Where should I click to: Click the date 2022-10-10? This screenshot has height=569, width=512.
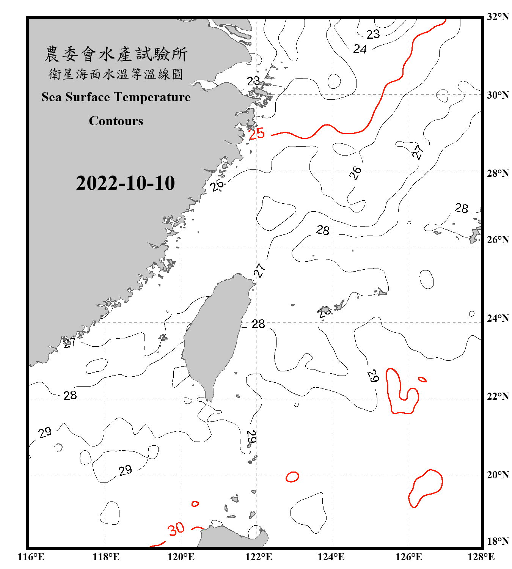[x=125, y=183]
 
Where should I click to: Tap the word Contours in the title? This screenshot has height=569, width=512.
[x=116, y=121]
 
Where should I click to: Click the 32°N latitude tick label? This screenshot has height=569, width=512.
[x=498, y=16]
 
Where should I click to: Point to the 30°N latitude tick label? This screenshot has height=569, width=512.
[x=498, y=95]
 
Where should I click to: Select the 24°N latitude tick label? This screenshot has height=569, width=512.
[x=498, y=318]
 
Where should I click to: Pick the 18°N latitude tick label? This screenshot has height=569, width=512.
[x=498, y=541]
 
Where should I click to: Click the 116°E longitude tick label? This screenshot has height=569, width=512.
[x=31, y=557]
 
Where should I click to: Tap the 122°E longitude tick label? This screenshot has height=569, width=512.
[x=259, y=557]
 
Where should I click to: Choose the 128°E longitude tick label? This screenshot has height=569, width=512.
[x=481, y=557]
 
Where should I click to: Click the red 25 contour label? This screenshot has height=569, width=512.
[x=257, y=134]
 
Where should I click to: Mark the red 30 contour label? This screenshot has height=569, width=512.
[x=176, y=529]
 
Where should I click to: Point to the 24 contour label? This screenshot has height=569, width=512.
[x=360, y=49]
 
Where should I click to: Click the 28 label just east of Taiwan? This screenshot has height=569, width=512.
[x=258, y=324]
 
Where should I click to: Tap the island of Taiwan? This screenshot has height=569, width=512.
[x=214, y=338]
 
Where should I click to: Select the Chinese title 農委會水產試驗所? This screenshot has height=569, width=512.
[x=116, y=54]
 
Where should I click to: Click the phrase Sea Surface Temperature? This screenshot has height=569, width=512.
[x=116, y=97]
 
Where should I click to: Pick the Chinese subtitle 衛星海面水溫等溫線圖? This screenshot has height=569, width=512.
[x=116, y=74]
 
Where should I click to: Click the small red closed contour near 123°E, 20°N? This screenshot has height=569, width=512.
[x=292, y=477]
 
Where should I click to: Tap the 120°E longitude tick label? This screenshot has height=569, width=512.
[x=181, y=557]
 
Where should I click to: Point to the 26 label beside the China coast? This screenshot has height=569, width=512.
[x=217, y=185]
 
